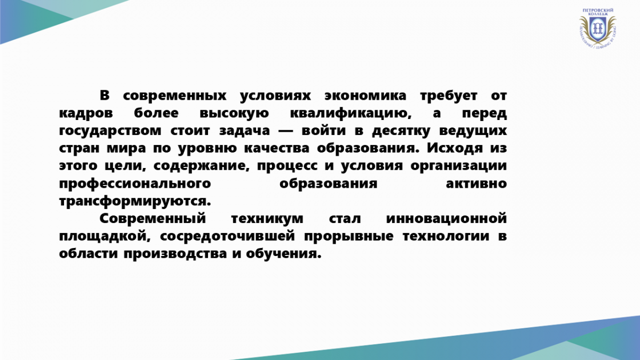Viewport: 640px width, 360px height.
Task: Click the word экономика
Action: coord(365,95)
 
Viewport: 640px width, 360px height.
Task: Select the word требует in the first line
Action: coord(449,96)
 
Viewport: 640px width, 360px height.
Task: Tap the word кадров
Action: coord(86,114)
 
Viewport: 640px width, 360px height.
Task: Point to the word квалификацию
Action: coord(351,114)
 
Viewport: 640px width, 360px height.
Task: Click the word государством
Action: coord(110,131)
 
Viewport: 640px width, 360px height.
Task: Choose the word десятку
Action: coord(401,131)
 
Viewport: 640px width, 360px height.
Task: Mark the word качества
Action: coord(277,149)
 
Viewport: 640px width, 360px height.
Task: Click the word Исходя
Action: coord(455,148)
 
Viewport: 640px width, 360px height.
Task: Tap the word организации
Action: coord(459,166)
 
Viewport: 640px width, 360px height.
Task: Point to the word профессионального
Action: coord(135,183)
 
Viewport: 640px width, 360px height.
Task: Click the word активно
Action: coord(476,183)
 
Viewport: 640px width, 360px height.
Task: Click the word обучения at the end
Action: coord(284,254)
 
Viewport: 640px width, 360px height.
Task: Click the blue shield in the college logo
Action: coord(597,29)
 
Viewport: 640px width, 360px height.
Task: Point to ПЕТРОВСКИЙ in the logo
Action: coord(597,10)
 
